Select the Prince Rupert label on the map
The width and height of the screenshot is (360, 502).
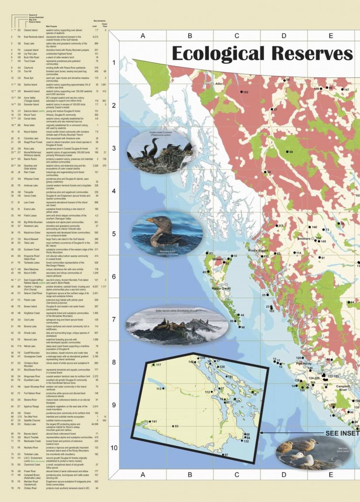[x=258, y=251]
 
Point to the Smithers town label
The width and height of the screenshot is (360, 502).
[x=304, y=239]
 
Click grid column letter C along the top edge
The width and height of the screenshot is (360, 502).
[x=236, y=35]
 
